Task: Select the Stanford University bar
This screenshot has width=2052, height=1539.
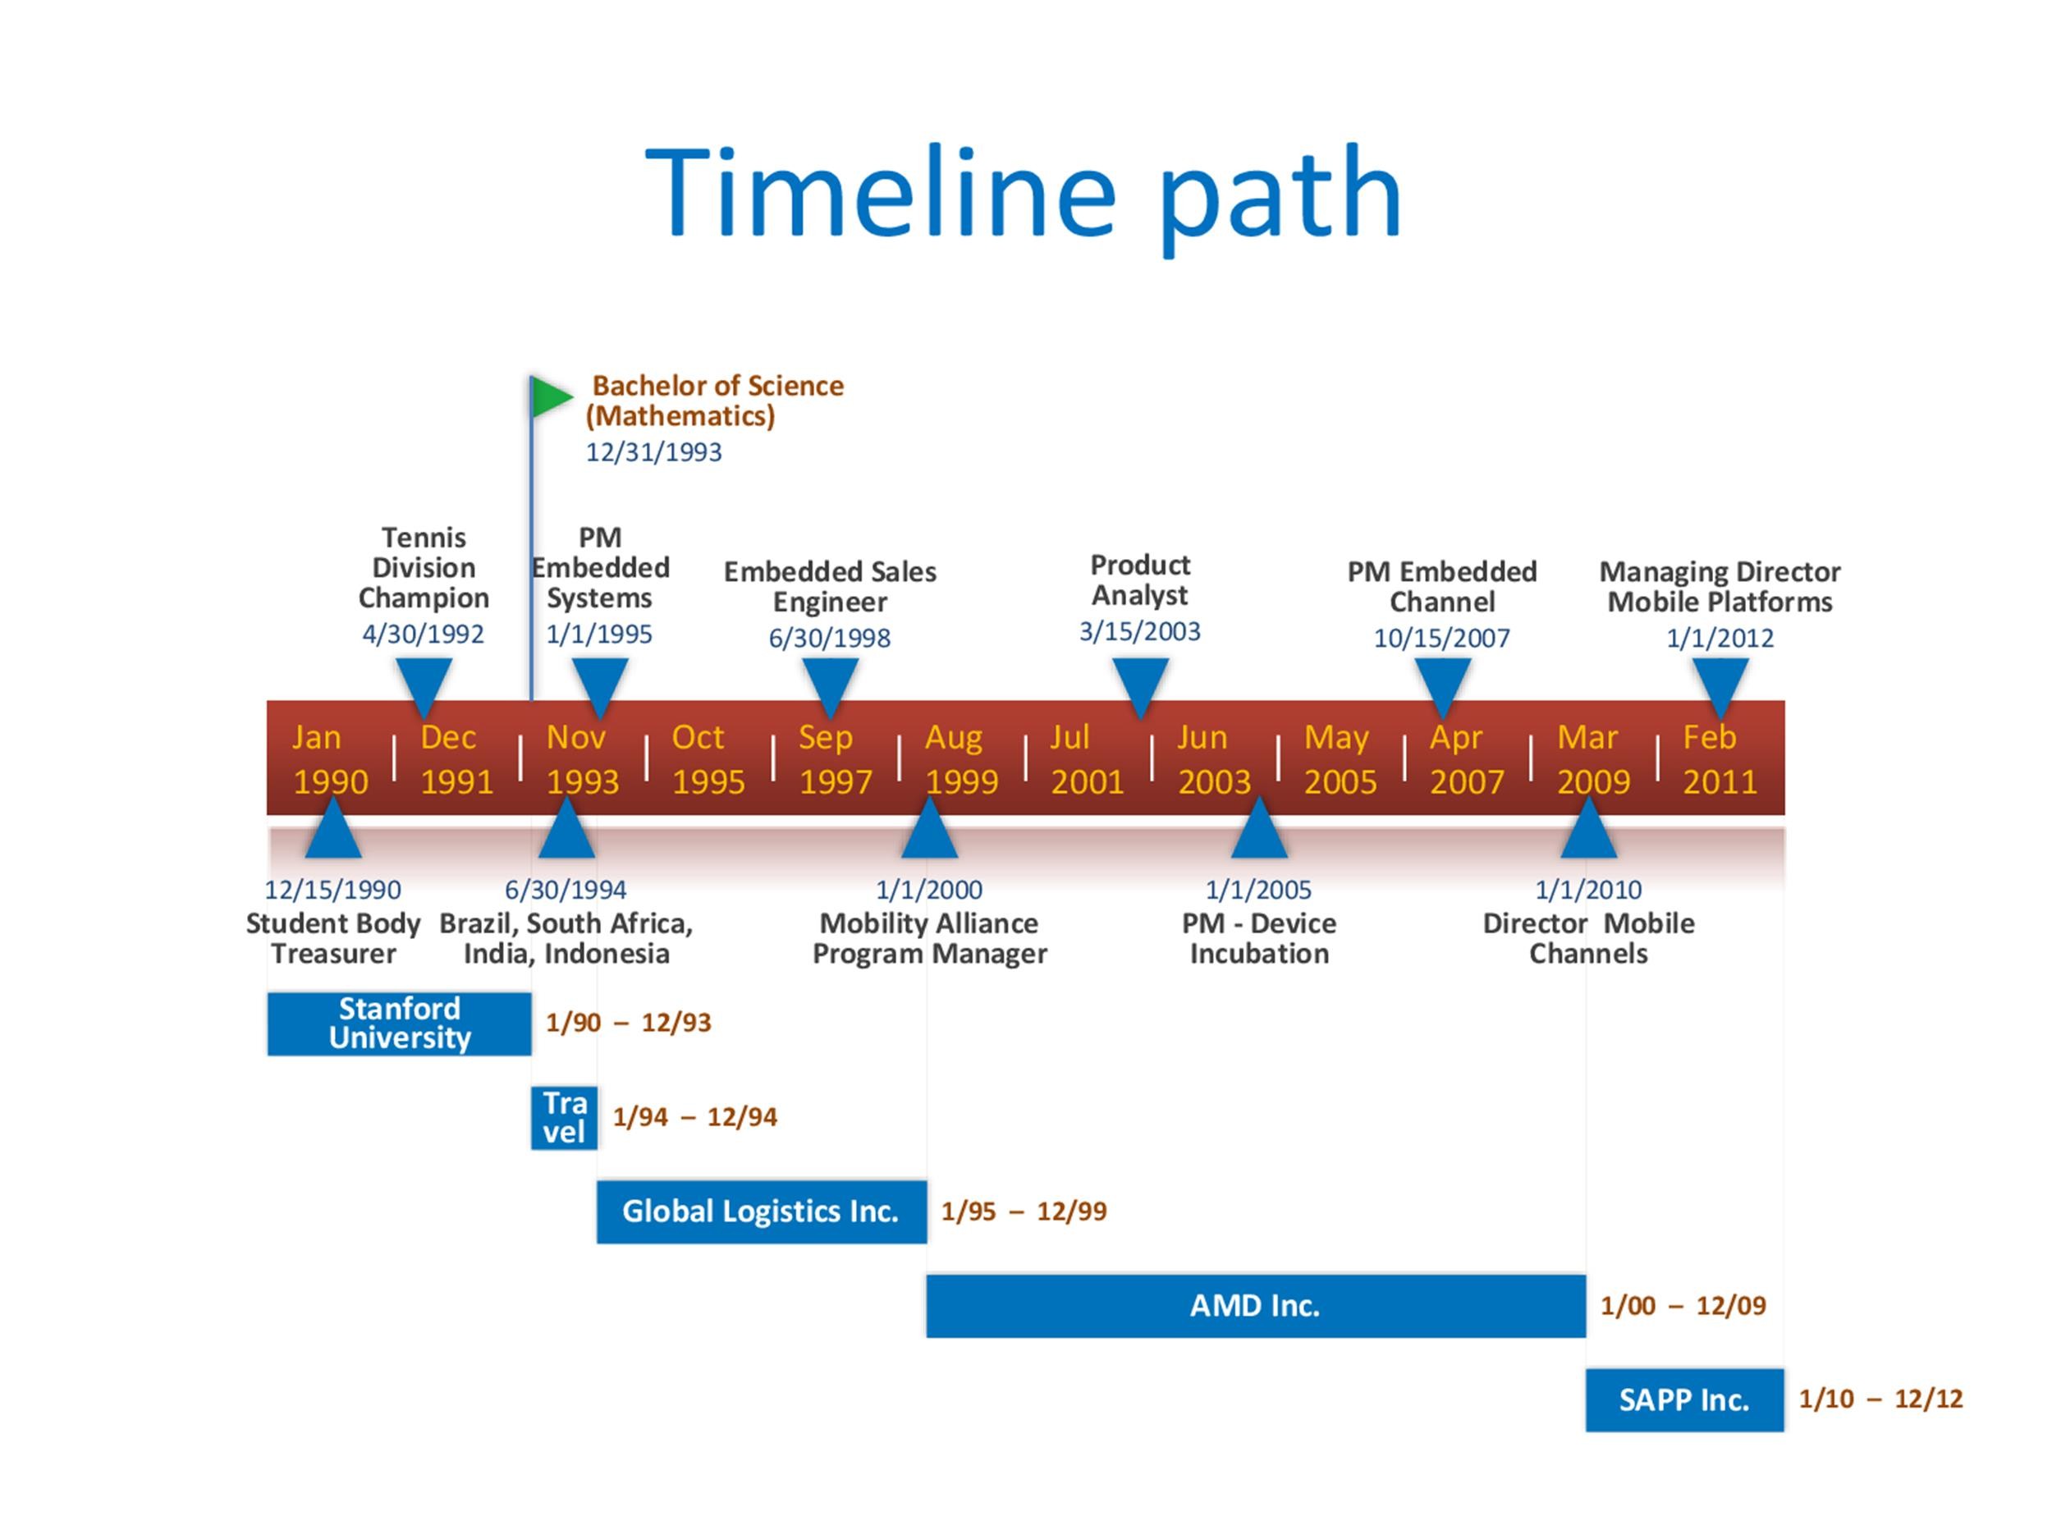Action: click(399, 1024)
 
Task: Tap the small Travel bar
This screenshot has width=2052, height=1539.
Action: click(564, 1117)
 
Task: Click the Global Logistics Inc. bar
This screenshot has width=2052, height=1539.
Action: click(761, 1212)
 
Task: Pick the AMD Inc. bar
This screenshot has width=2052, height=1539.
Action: click(1255, 1305)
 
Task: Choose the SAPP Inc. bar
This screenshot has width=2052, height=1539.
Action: click(1683, 1399)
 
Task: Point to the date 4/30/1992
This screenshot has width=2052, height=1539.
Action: click(423, 634)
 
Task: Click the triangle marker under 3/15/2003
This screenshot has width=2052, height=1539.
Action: click(1140, 685)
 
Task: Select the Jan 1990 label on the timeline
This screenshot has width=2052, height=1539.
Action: click(330, 759)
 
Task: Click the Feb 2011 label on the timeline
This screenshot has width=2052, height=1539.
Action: click(1719, 759)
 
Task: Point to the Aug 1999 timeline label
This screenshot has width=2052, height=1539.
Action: click(961, 759)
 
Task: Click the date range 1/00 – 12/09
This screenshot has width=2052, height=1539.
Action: click(1683, 1305)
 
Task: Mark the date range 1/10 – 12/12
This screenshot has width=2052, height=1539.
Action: click(1880, 1399)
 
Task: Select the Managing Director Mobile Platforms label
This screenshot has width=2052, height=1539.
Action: click(1719, 586)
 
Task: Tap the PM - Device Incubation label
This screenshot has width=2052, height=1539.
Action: click(1259, 938)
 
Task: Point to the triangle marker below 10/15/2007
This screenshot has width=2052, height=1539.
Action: click(1441, 685)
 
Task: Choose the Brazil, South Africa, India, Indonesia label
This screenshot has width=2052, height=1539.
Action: click(566, 938)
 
